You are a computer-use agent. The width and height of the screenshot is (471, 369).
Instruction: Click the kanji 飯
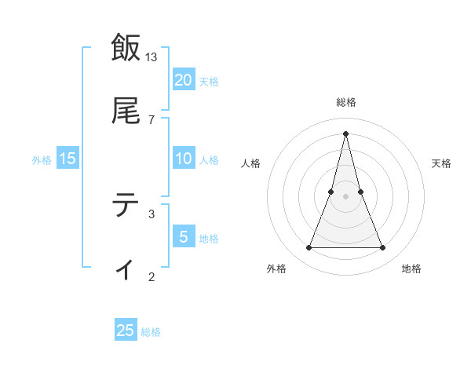(x=126, y=47)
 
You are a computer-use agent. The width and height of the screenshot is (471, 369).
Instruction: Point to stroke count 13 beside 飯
(x=152, y=57)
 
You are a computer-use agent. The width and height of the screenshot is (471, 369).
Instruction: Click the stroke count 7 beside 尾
(x=152, y=119)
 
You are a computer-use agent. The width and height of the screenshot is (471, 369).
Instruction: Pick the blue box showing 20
(x=183, y=80)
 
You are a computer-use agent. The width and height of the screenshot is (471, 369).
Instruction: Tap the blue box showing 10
(x=183, y=159)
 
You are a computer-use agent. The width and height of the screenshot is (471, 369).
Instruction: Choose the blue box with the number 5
(x=183, y=237)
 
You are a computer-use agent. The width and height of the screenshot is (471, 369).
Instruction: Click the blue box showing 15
(x=68, y=159)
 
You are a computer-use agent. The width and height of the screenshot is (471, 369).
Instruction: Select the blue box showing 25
(x=126, y=331)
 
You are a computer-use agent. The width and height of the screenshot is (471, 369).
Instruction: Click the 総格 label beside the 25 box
(x=151, y=332)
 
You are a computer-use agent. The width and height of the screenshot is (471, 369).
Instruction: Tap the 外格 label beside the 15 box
(x=42, y=159)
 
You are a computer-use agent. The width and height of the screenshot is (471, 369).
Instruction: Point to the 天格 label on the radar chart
(x=441, y=163)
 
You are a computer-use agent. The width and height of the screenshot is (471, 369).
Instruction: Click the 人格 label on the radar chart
(x=251, y=163)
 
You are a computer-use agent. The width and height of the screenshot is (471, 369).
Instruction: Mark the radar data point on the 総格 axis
(x=345, y=133)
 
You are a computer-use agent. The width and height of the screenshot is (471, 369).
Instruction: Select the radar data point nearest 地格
(x=383, y=248)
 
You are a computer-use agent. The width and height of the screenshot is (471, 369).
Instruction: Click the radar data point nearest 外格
(x=309, y=248)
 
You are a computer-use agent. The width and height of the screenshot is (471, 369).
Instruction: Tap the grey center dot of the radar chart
(x=345, y=196)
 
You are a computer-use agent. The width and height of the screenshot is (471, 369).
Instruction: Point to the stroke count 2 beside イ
(x=152, y=276)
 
